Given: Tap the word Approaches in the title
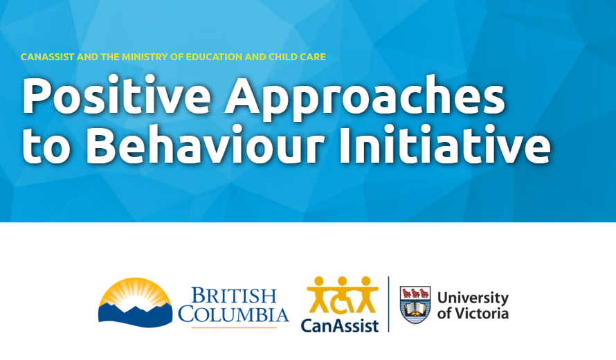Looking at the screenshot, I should point(366,97).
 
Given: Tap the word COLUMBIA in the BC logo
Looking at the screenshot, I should point(233,315).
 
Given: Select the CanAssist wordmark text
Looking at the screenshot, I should point(340,324).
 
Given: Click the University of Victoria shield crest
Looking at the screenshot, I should point(415,304).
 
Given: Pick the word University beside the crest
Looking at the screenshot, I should point(472,298).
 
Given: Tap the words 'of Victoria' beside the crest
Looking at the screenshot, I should point(472,314).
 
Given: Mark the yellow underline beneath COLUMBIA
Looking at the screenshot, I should point(233,327).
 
